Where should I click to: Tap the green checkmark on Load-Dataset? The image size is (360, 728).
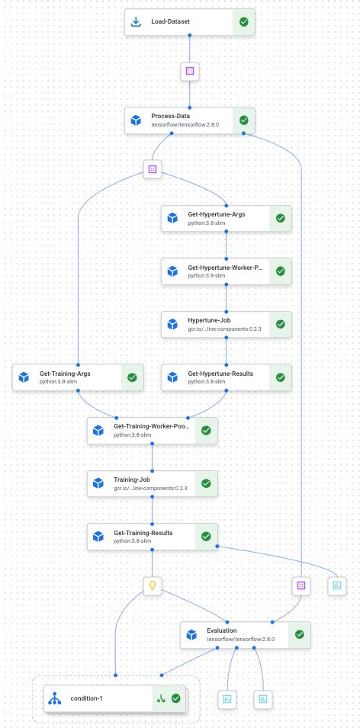click(x=243, y=22)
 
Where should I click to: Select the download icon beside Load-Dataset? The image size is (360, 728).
click(x=137, y=22)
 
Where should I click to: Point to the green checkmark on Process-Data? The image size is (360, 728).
click(x=243, y=120)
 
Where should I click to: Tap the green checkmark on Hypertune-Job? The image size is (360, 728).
click(x=280, y=324)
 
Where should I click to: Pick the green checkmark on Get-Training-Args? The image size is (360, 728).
click(x=131, y=377)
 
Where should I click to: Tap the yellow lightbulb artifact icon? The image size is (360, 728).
click(x=153, y=585)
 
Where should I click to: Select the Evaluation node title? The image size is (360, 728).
click(x=222, y=630)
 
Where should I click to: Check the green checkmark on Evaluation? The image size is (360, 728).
click(x=299, y=634)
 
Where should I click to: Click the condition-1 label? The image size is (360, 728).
click(x=86, y=698)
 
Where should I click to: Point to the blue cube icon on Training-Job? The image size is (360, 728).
click(x=98, y=483)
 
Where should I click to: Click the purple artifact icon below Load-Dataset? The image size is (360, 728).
click(x=190, y=71)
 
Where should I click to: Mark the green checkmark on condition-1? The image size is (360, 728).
click(x=176, y=698)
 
